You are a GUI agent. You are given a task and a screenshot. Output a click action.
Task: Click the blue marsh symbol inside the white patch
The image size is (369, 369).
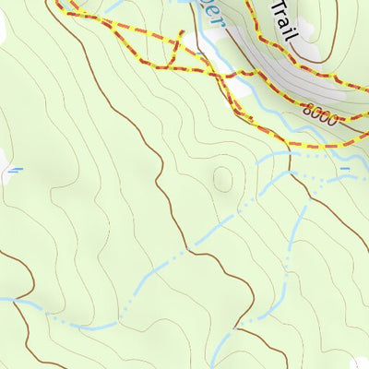tap(15, 170)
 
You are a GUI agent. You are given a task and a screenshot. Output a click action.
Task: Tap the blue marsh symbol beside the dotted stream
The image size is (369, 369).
tap(345, 169)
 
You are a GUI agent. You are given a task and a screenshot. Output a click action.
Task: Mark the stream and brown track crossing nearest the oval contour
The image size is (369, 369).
tap(191, 248)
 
